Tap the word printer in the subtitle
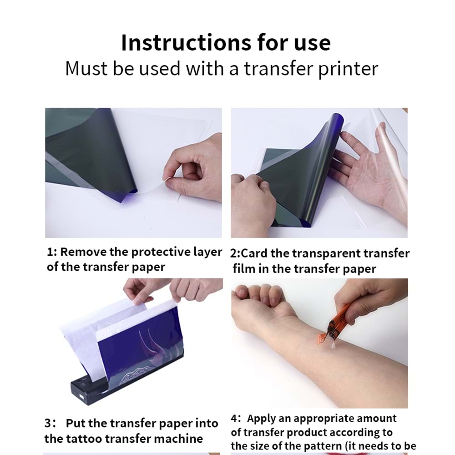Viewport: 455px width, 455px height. tap(348, 70)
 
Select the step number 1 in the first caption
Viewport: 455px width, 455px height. tap(50, 252)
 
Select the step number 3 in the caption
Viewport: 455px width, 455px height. tap(48, 423)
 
